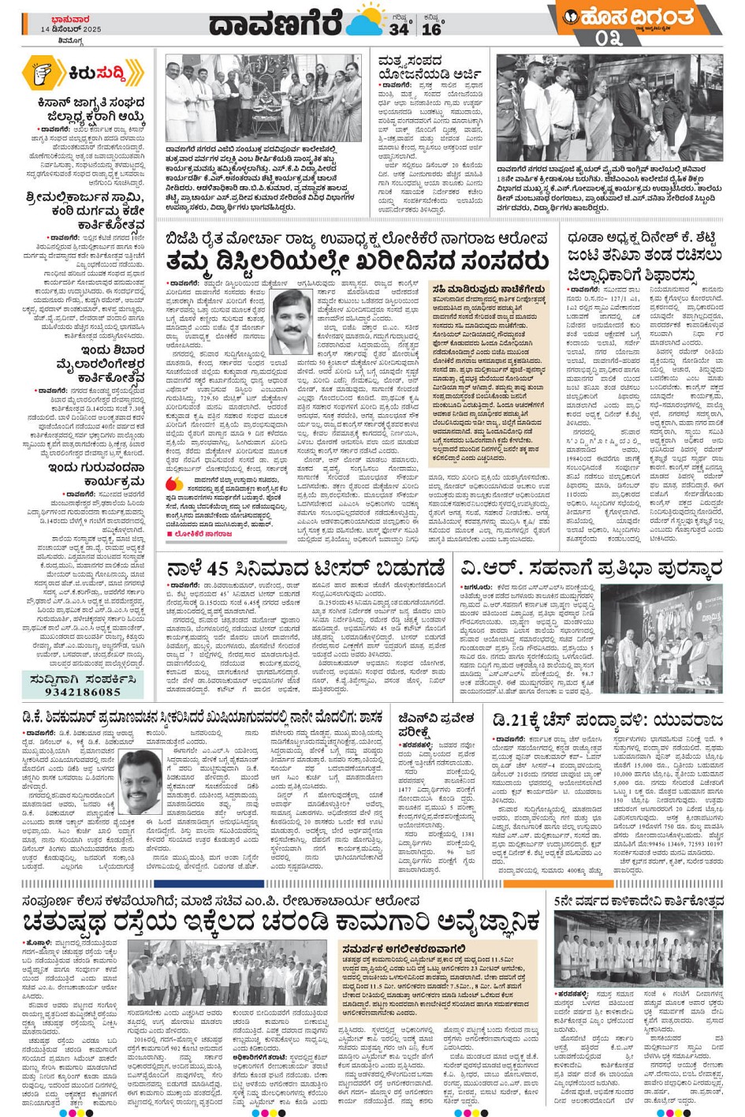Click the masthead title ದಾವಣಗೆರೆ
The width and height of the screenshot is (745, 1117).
coord(277,24)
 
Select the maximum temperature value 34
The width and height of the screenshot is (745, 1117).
coord(398,29)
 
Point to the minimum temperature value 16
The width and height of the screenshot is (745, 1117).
coord(431,29)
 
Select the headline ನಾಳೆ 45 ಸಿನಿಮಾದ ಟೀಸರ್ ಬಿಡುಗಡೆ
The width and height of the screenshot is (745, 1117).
coord(307,568)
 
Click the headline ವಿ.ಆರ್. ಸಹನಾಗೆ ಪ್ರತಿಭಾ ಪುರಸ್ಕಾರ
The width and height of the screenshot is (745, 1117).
coord(591,568)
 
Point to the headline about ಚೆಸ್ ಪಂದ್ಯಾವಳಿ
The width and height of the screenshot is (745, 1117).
coord(607,719)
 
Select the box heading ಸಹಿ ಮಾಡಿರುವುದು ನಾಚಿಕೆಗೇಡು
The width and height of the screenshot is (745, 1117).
coord(488,289)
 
